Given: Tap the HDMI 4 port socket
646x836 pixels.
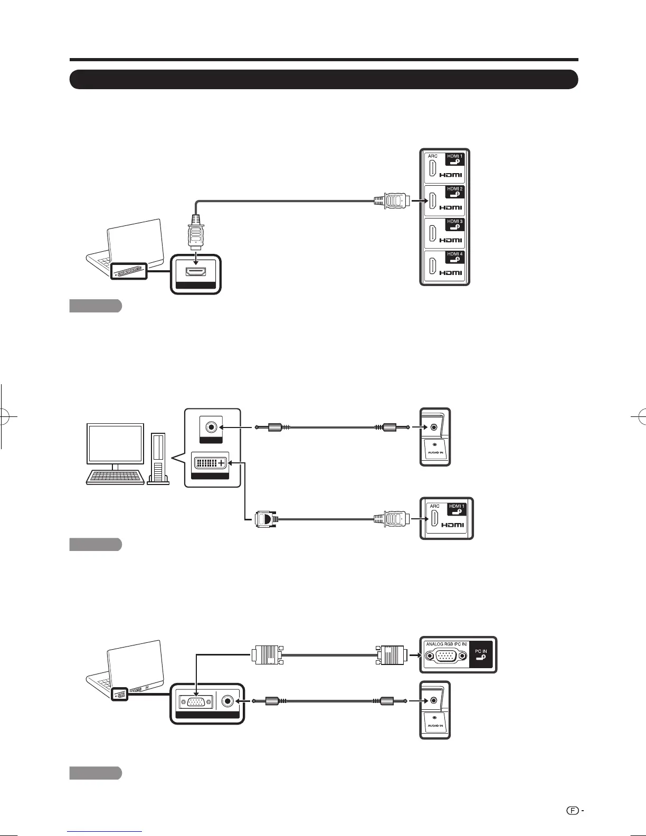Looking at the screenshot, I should (x=433, y=266).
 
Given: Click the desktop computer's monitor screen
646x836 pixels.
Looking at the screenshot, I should (x=116, y=444).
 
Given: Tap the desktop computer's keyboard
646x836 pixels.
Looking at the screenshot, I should (x=115, y=477).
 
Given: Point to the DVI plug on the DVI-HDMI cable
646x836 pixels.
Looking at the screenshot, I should (x=266, y=519).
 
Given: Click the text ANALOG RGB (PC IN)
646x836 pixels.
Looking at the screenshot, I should (x=446, y=644).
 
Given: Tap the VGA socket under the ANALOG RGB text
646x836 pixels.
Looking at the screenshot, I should (x=446, y=657).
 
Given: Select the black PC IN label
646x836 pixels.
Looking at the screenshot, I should (x=481, y=654).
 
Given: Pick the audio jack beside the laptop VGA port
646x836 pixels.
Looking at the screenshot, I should (x=229, y=701).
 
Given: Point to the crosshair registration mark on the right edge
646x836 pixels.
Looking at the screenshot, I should (x=640, y=417).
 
